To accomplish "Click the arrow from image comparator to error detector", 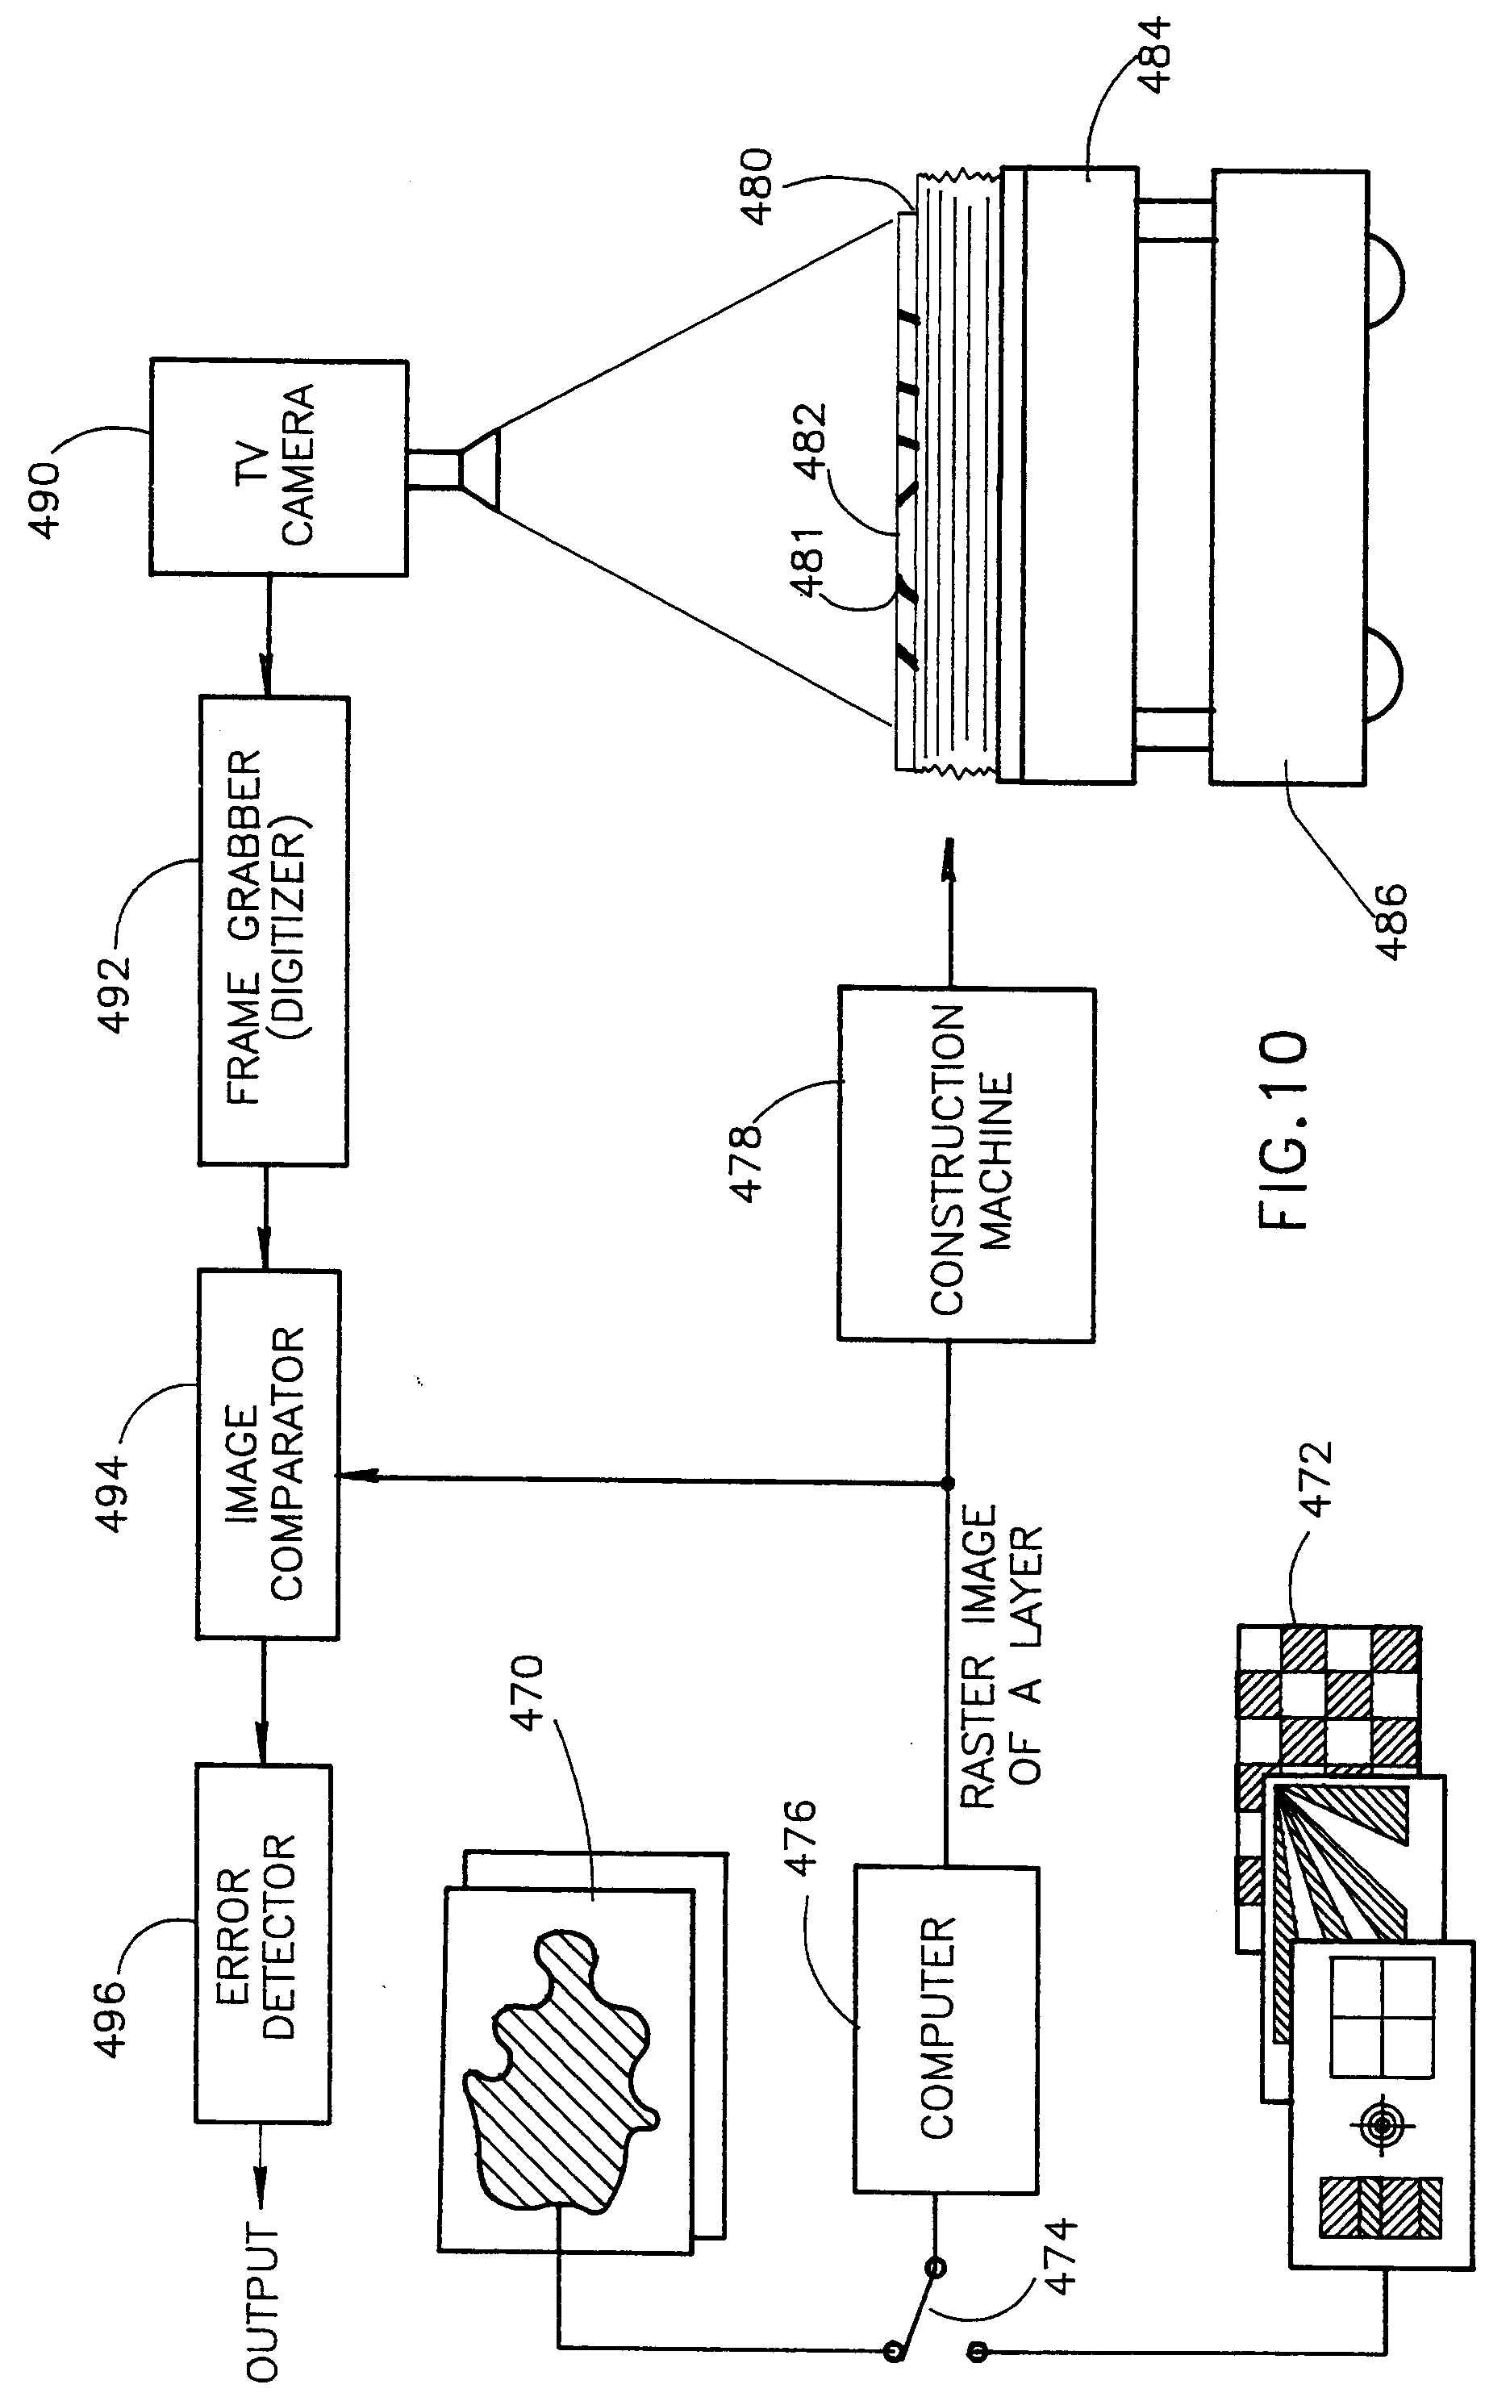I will [264, 1702].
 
